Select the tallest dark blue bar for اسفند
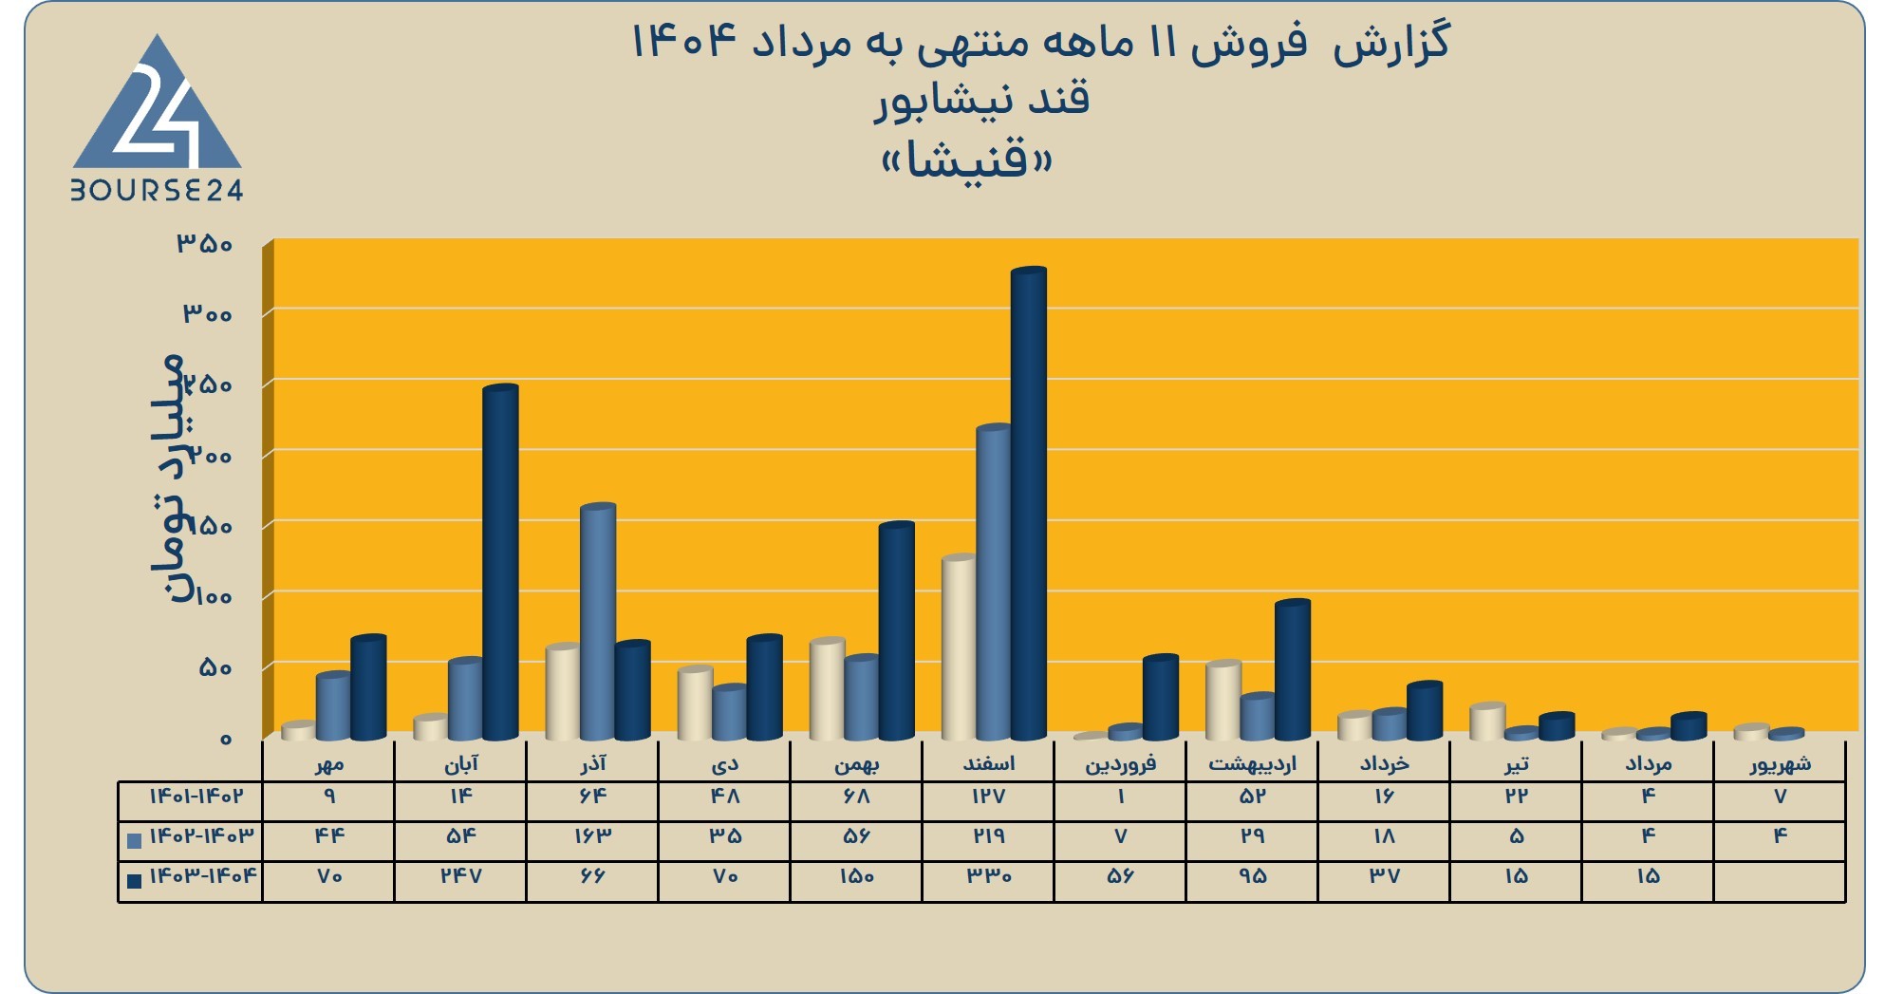point(1029,503)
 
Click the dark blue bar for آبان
point(500,562)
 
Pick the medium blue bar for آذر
point(598,622)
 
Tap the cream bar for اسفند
point(959,647)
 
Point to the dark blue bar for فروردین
point(1160,697)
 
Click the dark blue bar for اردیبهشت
point(1292,669)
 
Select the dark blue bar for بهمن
point(896,630)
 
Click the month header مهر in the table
point(328,763)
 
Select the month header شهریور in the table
point(1780,763)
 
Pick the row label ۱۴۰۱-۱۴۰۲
point(196,796)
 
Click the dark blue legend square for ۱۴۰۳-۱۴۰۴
point(134,880)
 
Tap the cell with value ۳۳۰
point(988,875)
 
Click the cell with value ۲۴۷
point(460,875)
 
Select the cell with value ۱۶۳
point(591,835)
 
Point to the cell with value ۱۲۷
point(988,796)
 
